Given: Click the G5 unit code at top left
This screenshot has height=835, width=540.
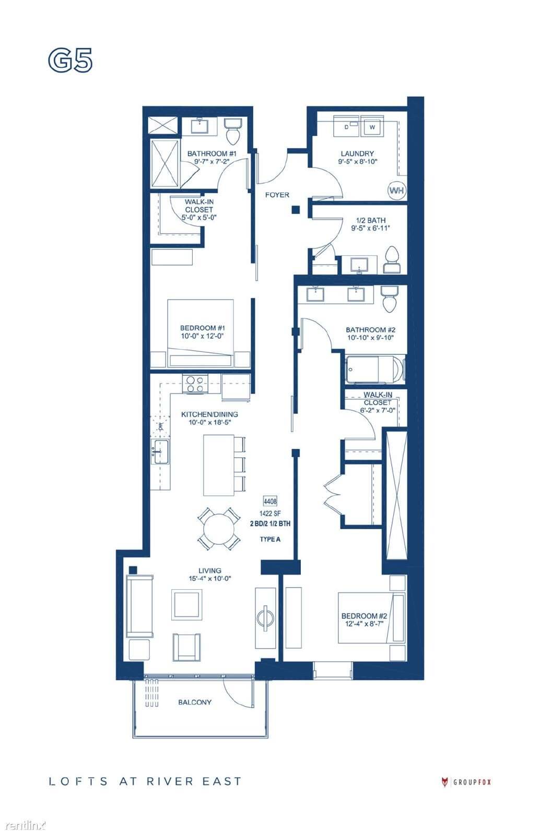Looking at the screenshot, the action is (x=70, y=61).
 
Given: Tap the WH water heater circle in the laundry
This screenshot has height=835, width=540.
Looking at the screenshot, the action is (x=396, y=190).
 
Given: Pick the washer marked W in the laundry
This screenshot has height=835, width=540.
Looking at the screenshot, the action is (x=372, y=127).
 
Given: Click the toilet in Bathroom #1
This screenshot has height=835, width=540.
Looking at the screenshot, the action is (x=234, y=132).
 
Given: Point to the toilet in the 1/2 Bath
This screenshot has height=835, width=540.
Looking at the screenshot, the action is (x=392, y=260).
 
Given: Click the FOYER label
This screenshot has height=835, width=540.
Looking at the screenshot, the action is (x=277, y=195).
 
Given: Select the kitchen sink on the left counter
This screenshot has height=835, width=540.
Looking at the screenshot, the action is (x=160, y=451).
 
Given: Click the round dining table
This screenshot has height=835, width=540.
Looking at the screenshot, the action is (x=218, y=528).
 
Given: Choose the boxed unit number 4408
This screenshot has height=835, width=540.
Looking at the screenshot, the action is (x=270, y=501).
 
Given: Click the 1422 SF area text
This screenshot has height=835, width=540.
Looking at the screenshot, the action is (x=270, y=514).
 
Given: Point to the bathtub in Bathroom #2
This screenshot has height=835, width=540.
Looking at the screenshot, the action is (x=374, y=370).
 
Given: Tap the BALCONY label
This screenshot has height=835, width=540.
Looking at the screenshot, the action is (x=195, y=702).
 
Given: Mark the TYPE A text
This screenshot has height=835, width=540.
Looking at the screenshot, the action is (x=270, y=539).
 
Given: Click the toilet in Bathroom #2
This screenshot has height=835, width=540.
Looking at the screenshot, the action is (x=390, y=299).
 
